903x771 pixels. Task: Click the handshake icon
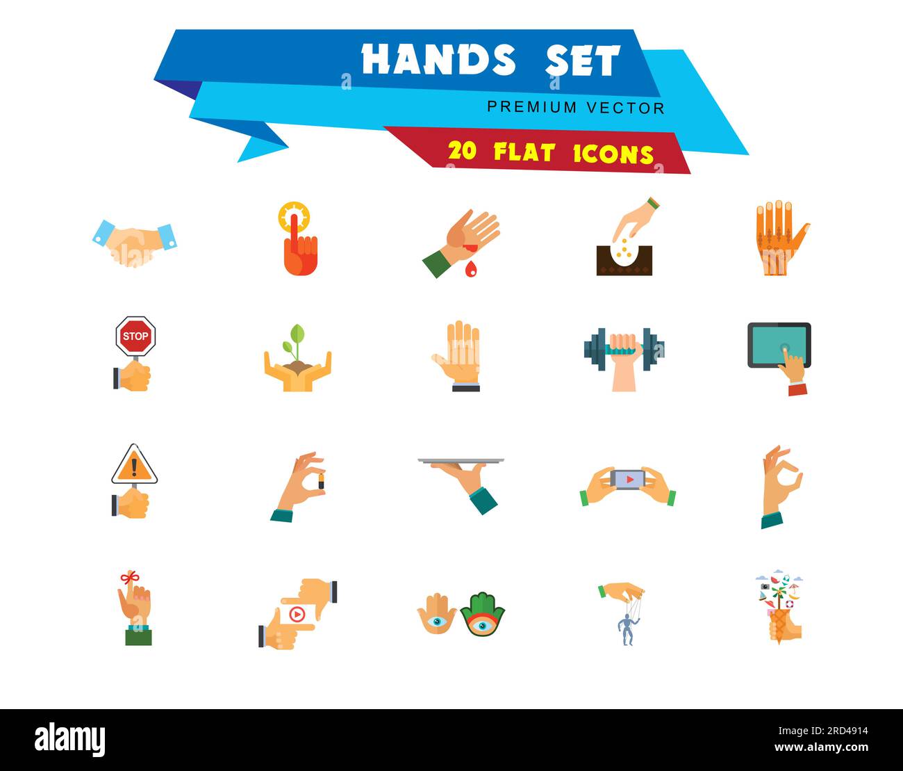134,243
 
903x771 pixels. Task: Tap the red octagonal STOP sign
135,336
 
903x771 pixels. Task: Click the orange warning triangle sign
135,466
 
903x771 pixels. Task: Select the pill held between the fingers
321,482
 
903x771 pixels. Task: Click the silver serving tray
461,461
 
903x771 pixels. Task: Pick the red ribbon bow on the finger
129,577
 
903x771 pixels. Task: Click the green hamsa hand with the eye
482,615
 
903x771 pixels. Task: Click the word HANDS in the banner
438,60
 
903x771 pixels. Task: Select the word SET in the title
582,61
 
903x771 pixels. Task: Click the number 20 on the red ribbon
463,151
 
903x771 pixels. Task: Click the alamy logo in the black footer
70,740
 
